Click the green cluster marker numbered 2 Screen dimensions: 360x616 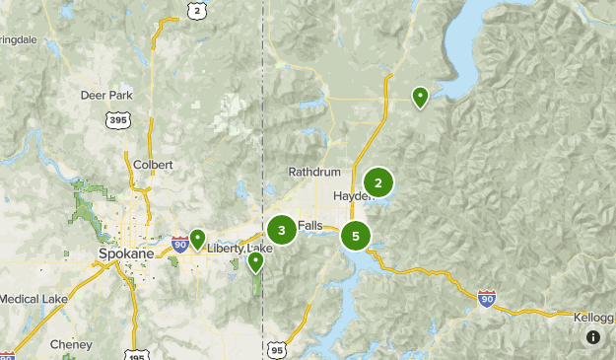point(378,182)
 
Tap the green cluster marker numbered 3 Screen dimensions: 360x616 point(282,231)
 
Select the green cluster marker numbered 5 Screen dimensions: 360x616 point(355,236)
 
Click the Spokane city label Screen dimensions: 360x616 point(127,253)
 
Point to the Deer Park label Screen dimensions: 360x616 point(105,96)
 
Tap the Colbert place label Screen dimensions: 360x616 point(152,165)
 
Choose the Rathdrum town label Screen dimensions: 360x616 point(313,172)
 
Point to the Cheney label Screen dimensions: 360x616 point(72,345)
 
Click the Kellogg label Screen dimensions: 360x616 point(594,317)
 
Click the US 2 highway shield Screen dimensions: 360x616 point(197,10)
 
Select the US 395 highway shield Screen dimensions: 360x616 point(117,120)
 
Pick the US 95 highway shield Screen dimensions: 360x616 point(276,349)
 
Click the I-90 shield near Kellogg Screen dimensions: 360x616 point(486,297)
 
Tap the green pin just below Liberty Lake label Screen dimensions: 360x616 point(256,261)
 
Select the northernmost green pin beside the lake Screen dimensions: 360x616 point(420,96)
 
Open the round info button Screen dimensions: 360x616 point(592,337)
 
